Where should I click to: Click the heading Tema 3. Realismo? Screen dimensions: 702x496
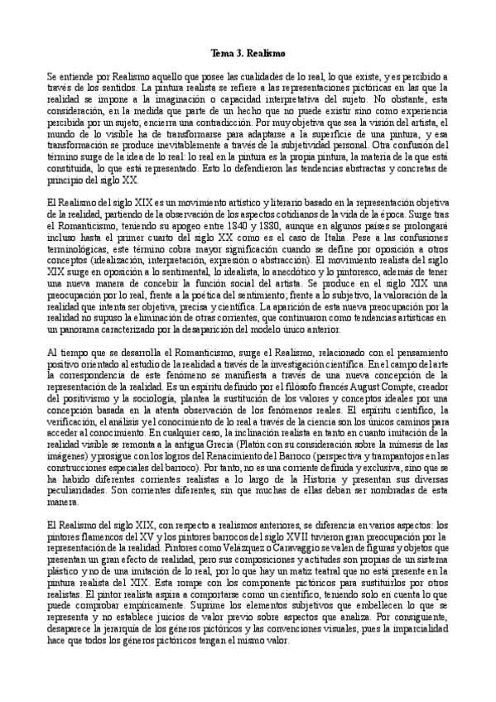[248, 53]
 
